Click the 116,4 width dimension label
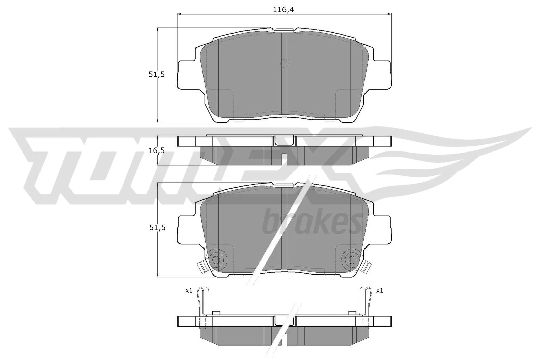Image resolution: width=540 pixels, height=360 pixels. [283, 10]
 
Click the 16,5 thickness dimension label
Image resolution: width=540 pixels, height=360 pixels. [156, 150]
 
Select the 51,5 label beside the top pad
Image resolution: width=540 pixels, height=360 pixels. [156, 75]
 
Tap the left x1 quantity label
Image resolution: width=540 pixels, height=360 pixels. [188, 290]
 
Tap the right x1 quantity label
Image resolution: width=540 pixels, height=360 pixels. [379, 290]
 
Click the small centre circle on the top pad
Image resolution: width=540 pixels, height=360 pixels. [284, 63]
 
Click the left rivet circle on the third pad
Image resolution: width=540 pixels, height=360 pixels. [216, 259]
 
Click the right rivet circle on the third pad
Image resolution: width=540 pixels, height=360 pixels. [352, 259]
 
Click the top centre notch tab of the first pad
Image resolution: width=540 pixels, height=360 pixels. [284, 30]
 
